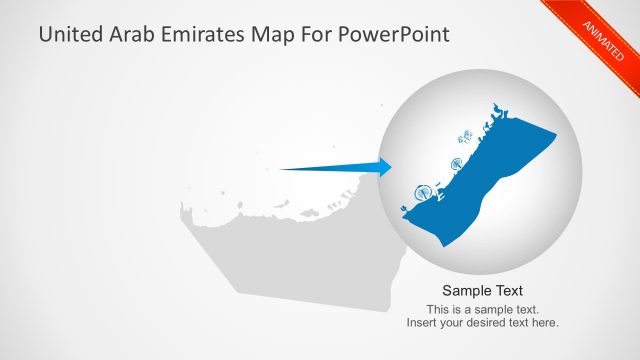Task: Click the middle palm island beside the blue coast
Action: coord(455,164)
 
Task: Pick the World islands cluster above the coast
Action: coord(466,137)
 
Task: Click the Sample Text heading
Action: coord(482,291)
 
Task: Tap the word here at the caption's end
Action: coord(546,322)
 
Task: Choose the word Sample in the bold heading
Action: coord(462,291)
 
